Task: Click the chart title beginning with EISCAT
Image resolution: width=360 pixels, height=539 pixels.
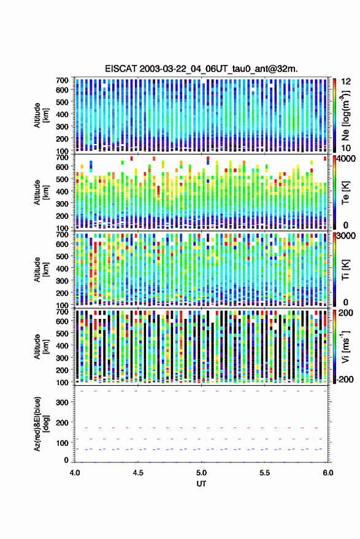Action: pos(201,69)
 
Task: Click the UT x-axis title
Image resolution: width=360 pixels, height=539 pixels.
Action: pos(201,484)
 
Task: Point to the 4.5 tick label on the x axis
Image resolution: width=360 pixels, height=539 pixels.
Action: pos(138,473)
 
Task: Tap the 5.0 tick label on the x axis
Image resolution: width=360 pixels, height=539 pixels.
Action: pos(202,473)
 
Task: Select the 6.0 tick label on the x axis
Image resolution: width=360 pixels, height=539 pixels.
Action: pos(328,473)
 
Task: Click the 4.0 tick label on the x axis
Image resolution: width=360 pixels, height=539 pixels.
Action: pos(75,473)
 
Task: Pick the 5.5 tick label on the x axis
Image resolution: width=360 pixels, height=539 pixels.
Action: pos(265,473)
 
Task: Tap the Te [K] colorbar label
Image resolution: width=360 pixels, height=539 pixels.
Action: pos(345,193)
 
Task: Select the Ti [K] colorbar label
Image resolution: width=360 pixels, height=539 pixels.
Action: pos(345,270)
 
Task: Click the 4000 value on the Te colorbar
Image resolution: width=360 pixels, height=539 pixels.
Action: pos(347,159)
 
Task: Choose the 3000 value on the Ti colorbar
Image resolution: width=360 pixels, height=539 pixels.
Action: pos(347,236)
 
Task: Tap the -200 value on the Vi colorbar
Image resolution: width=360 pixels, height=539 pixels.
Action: pos(345,380)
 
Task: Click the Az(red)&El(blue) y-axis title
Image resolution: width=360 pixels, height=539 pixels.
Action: pos(41,424)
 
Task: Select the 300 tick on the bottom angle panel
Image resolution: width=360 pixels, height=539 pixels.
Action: pos(62,402)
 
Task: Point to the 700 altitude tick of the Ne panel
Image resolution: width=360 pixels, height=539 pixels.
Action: pos(62,80)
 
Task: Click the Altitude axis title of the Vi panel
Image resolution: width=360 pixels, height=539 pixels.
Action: pos(41,346)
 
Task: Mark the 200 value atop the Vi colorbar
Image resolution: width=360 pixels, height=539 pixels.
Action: pos(345,313)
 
